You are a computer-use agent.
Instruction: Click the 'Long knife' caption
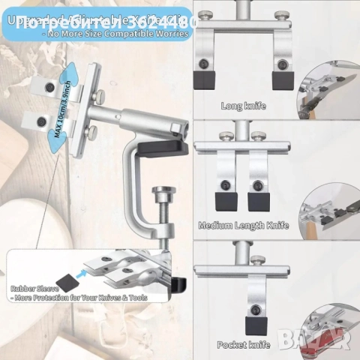pyautogui.click(x=244, y=106)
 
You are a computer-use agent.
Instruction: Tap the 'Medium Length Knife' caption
pyautogui.click(x=243, y=225)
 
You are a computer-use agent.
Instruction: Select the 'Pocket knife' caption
pyautogui.click(x=243, y=344)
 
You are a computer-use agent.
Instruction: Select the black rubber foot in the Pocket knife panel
pyautogui.click(x=256, y=325)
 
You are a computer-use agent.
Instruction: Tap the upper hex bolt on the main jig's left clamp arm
pyautogui.click(x=50, y=88)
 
